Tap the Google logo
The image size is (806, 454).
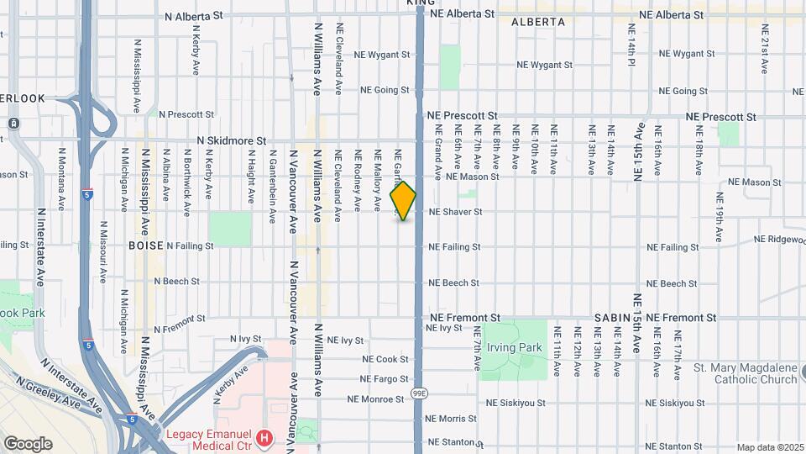pyautogui.click(x=28, y=444)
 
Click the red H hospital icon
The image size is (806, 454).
pyautogui.click(x=265, y=437)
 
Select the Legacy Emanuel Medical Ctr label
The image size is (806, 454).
pyautogui.click(x=210, y=436)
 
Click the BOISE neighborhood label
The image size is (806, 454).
pyautogui.click(x=145, y=245)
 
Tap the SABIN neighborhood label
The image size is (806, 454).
pyautogui.click(x=613, y=318)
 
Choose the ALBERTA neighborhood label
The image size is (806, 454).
pyautogui.click(x=538, y=23)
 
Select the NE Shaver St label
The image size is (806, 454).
pyautogui.click(x=455, y=212)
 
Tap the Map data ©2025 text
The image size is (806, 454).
pyautogui.click(x=769, y=447)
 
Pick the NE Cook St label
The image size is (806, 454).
pyautogui.click(x=385, y=359)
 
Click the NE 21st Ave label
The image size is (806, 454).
pyautogui.click(x=765, y=51)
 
